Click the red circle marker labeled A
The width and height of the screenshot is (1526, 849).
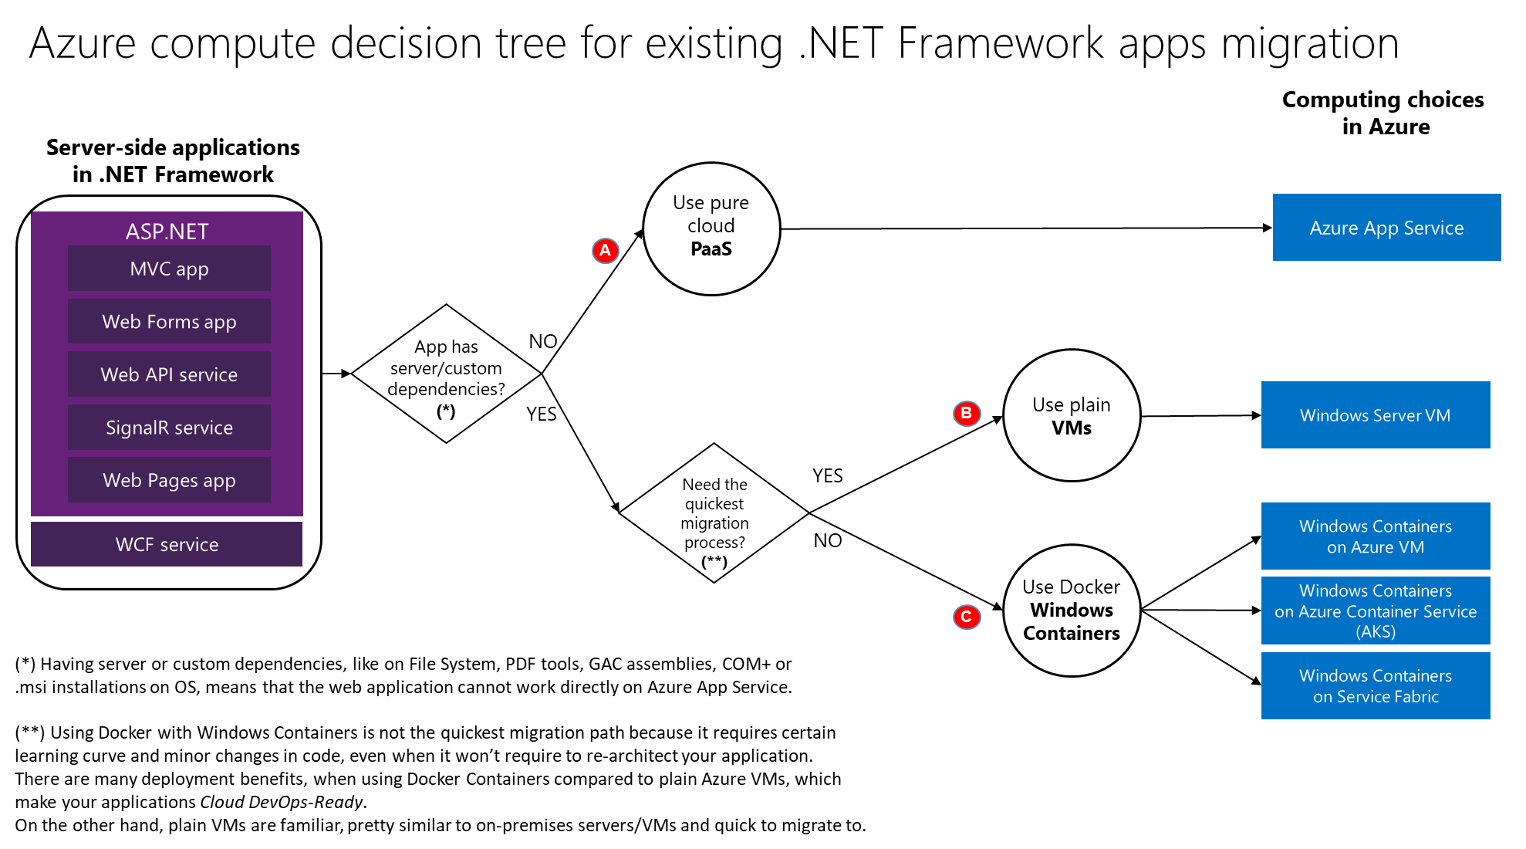[x=606, y=250]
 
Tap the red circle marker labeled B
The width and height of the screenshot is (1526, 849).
[x=966, y=413]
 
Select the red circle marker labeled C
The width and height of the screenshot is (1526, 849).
[x=966, y=617]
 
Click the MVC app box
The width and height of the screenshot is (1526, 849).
[x=169, y=269]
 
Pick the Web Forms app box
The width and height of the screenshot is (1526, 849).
[x=169, y=322]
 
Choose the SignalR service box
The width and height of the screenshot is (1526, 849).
[x=169, y=428]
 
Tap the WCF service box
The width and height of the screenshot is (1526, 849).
[x=167, y=544]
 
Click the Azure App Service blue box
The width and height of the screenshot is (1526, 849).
[x=1386, y=228]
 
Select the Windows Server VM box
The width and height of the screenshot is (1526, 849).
[x=1375, y=415]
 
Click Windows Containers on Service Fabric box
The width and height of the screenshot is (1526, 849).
[x=1375, y=686]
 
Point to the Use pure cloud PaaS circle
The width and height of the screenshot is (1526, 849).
[x=711, y=228]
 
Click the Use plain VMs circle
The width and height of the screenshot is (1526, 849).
[x=1071, y=415]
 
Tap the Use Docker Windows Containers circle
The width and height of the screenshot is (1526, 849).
[x=1071, y=610]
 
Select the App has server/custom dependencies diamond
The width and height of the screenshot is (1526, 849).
[x=446, y=374]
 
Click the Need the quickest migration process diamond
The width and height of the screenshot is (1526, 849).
[x=714, y=513]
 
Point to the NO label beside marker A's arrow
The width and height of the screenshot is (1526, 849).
[x=543, y=341]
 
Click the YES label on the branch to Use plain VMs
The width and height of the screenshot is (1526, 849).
[x=827, y=475]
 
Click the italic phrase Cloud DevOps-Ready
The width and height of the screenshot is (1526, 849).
[x=281, y=802]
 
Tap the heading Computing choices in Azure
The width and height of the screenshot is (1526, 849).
[x=1383, y=113]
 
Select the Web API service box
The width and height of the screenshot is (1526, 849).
[x=169, y=374]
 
